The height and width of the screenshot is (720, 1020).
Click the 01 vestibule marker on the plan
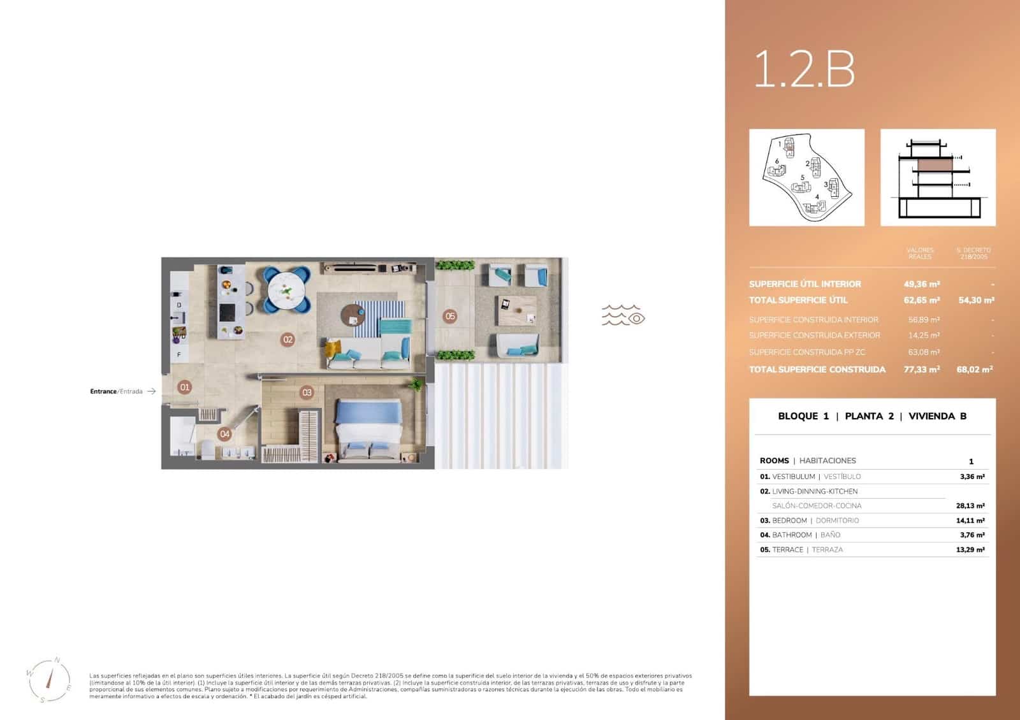184,387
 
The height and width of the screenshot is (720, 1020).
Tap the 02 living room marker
288,340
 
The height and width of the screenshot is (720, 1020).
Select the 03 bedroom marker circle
307,392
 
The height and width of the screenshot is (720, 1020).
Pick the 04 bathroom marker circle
224,434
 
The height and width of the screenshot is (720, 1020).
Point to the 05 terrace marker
450,316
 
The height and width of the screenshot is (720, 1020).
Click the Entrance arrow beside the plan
151,391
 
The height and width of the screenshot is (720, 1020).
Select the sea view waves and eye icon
623,315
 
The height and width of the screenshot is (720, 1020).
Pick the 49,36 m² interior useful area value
921,284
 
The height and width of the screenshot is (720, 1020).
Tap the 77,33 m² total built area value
921,370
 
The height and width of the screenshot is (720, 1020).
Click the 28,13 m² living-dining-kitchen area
972,506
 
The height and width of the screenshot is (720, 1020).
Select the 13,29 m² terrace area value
970,550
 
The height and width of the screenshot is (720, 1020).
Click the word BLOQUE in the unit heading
798,416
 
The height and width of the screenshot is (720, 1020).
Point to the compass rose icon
49,680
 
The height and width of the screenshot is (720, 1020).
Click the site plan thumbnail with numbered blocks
806,178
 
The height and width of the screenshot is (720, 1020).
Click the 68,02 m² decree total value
974,370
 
